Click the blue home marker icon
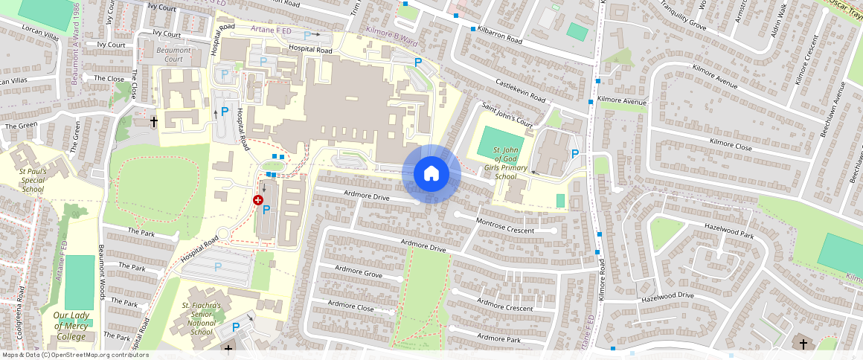coord(431,174)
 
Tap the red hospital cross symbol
coord(258,200)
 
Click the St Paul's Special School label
coord(33,180)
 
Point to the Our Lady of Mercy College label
coord(70,326)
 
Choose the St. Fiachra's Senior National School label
coord(202,318)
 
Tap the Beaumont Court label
coord(173,54)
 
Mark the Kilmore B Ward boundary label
coord(390,33)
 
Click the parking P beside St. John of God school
coord(574,154)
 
